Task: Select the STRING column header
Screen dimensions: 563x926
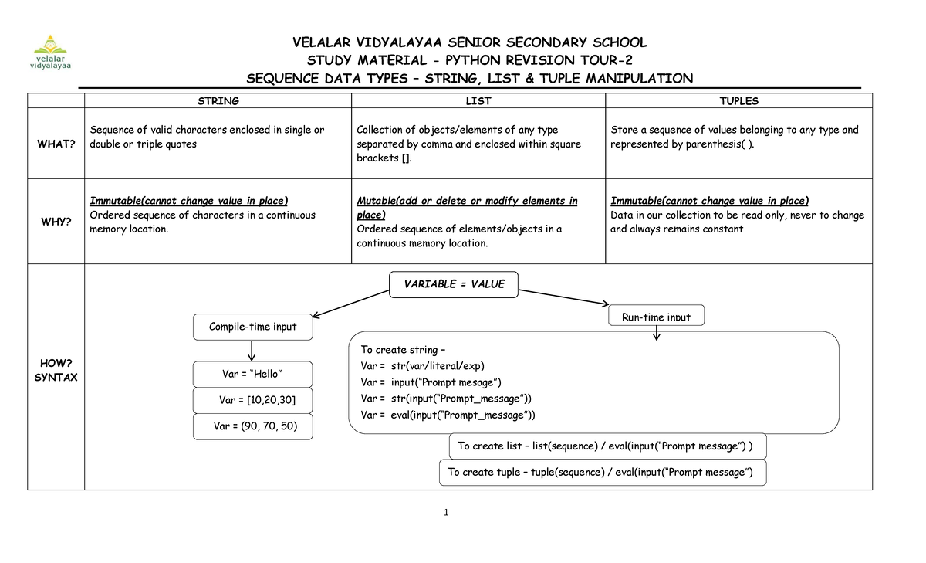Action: pyautogui.click(x=218, y=101)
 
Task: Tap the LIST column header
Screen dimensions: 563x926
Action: pyautogui.click(x=478, y=101)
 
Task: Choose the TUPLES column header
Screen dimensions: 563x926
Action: pyautogui.click(x=738, y=101)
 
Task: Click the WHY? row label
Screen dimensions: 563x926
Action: pyautogui.click(x=56, y=222)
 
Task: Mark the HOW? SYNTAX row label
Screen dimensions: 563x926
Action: pyautogui.click(x=56, y=370)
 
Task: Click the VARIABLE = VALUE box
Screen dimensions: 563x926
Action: pyautogui.click(x=455, y=284)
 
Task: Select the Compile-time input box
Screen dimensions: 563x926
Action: pyautogui.click(x=252, y=327)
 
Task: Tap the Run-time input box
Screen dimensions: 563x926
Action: pyautogui.click(x=657, y=317)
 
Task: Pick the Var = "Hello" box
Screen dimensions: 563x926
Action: pyautogui.click(x=252, y=375)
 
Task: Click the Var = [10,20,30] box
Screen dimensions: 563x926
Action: pyautogui.click(x=252, y=400)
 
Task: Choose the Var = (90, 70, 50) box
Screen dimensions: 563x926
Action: pyautogui.click(x=252, y=426)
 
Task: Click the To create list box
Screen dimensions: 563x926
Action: pyautogui.click(x=607, y=446)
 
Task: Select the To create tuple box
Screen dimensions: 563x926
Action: pyautogui.click(x=603, y=472)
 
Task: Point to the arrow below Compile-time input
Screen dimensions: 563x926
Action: pyautogui.click(x=252, y=351)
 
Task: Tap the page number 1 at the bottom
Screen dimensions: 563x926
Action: pyautogui.click(x=447, y=512)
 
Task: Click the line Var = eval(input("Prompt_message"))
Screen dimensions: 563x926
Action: pyautogui.click(x=448, y=415)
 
